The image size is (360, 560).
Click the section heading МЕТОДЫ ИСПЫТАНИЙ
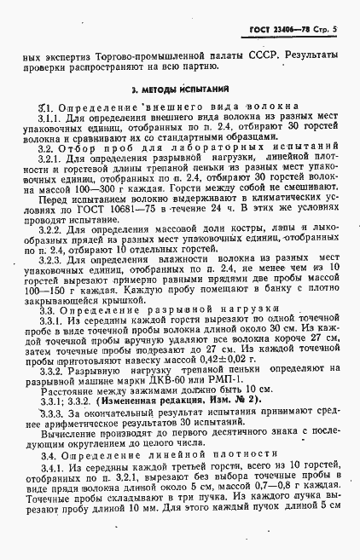point(181,89)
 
